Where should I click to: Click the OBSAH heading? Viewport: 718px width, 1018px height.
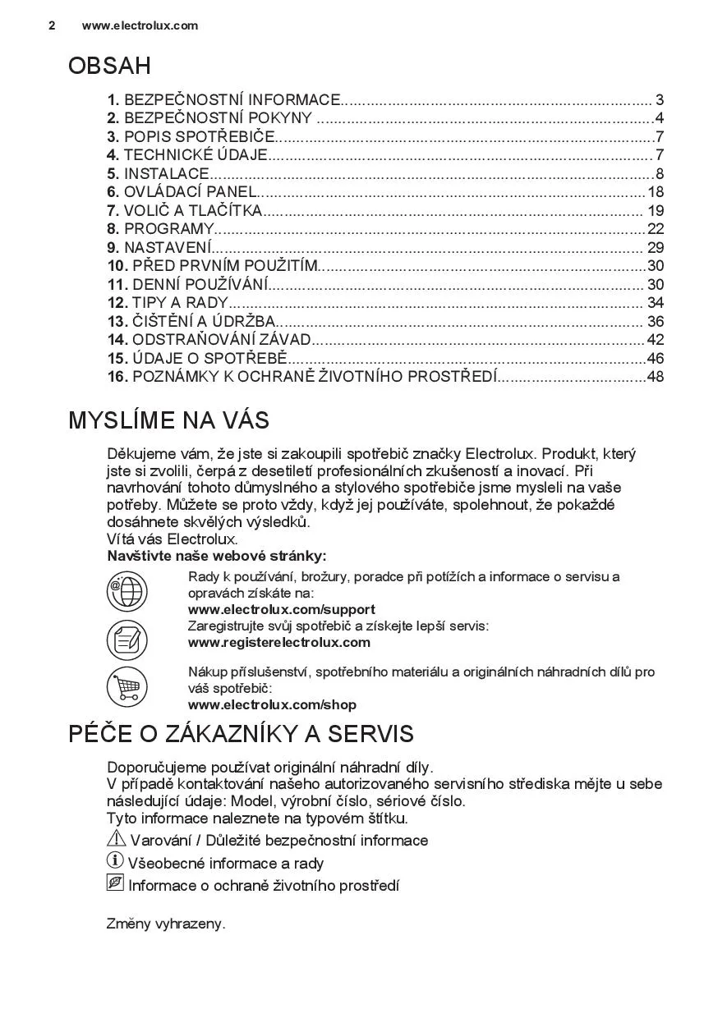(109, 66)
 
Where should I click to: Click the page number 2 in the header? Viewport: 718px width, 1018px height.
(52, 25)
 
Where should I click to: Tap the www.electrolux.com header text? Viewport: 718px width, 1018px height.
(140, 25)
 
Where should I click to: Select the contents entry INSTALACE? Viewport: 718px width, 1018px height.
(166, 174)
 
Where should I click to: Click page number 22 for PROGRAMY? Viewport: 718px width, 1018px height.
(655, 229)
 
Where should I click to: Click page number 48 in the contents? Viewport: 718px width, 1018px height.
(655, 377)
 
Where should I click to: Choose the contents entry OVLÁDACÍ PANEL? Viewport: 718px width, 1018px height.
(190, 192)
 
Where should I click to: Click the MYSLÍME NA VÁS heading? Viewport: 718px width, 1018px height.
(168, 420)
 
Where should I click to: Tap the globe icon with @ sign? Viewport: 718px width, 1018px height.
(127, 591)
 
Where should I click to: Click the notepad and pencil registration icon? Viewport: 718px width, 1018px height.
(127, 639)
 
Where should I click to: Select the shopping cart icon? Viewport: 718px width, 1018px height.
(127, 687)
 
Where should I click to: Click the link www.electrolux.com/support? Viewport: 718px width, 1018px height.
(281, 610)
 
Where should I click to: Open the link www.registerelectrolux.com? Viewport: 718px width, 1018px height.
(278, 643)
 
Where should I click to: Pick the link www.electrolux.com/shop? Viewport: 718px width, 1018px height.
(272, 705)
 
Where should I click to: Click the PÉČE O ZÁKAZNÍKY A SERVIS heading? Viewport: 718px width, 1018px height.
(241, 734)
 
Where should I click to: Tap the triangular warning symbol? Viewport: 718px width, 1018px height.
(116, 839)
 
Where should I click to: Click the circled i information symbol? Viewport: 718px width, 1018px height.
(115, 861)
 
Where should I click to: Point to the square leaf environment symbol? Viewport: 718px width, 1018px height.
(115, 884)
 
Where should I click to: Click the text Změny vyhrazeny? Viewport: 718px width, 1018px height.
(166, 924)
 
